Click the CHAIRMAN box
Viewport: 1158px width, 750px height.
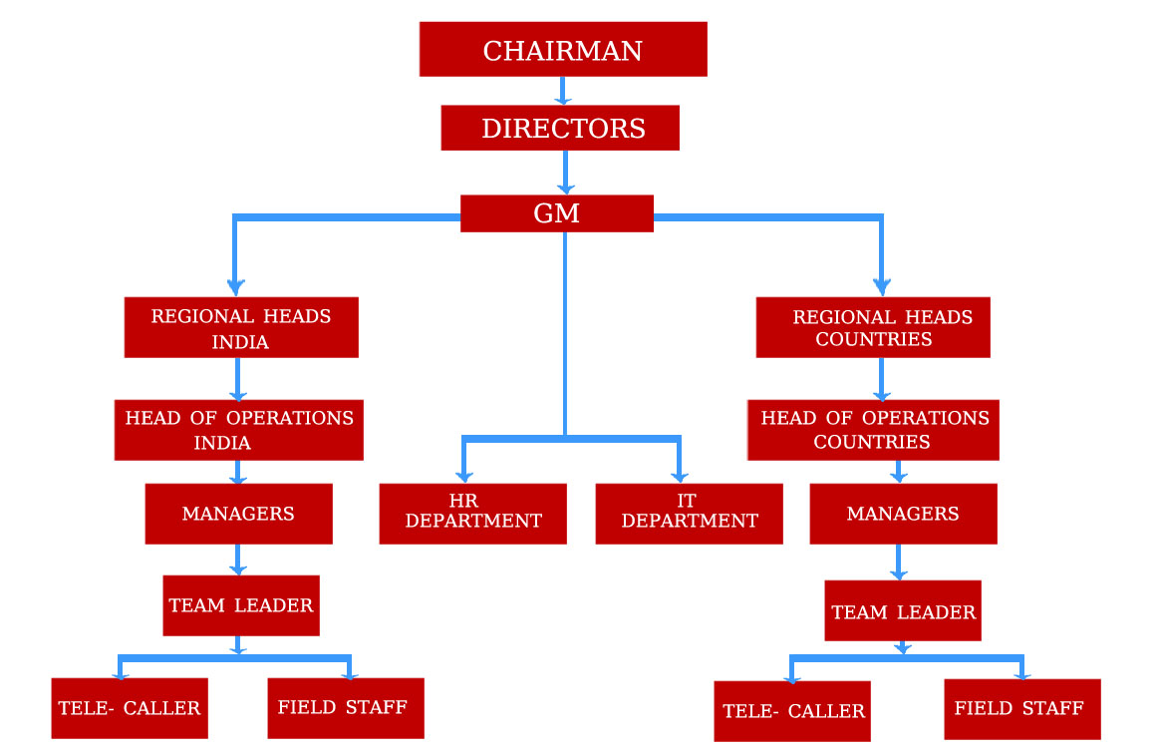click(x=563, y=50)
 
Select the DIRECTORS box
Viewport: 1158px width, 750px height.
click(x=560, y=129)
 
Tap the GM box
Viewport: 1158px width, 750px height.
click(x=557, y=213)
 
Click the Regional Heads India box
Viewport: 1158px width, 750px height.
click(x=241, y=327)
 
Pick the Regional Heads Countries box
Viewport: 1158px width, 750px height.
click(x=873, y=327)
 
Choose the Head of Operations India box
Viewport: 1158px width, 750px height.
click(x=238, y=430)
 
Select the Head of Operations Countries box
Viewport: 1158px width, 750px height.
click(x=873, y=430)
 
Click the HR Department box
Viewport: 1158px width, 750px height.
click(x=472, y=514)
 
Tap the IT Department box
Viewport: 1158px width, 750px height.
click(x=689, y=514)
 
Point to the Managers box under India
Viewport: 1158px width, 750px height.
click(x=238, y=514)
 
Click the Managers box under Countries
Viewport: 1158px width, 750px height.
click(x=903, y=514)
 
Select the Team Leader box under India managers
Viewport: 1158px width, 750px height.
click(x=241, y=605)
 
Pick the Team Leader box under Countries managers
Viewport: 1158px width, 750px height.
click(x=903, y=610)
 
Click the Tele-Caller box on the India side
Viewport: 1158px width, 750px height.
click(x=130, y=708)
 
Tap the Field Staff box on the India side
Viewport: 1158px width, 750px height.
click(x=345, y=708)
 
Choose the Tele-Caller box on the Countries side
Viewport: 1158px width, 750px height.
click(x=792, y=711)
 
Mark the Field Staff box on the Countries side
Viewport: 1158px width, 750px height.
click(x=1022, y=709)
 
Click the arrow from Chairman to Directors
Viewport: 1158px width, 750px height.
click(x=563, y=91)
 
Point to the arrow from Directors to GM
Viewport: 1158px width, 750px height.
click(x=565, y=173)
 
